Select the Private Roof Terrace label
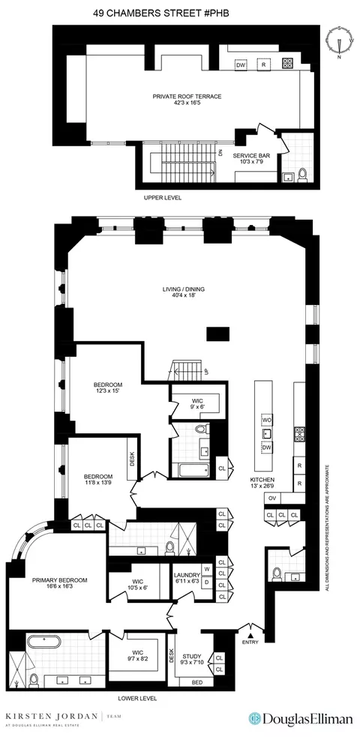[x=187, y=100]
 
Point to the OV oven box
[x=271, y=499]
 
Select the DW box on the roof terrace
[x=241, y=64]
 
